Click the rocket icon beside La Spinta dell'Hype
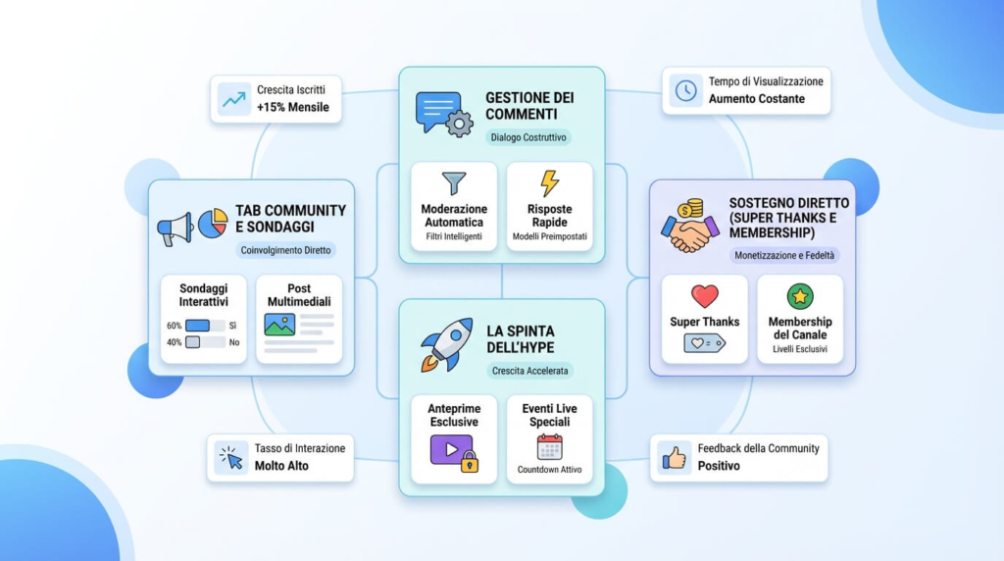pyautogui.click(x=447, y=344)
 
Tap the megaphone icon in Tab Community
pyautogui.click(x=176, y=229)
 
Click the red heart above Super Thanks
pyautogui.click(x=704, y=296)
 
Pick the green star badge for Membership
pyautogui.click(x=800, y=296)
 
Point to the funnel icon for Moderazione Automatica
pyautogui.click(x=454, y=183)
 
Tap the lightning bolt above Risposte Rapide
pyautogui.click(x=549, y=183)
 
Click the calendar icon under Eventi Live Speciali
pyautogui.click(x=549, y=447)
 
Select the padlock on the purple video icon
pyautogui.click(x=470, y=462)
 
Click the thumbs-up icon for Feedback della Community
pyautogui.click(x=674, y=458)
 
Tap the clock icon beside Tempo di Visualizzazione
pyautogui.click(x=685, y=90)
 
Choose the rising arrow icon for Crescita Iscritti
pyautogui.click(x=233, y=99)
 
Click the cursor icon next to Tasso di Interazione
pyautogui.click(x=231, y=458)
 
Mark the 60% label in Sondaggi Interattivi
pyautogui.click(x=175, y=326)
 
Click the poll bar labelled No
pyautogui.click(x=205, y=342)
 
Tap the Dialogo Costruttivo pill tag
pyautogui.click(x=528, y=137)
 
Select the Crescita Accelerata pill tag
pyautogui.click(x=529, y=371)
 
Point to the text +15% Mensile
pyautogui.click(x=292, y=107)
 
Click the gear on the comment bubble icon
pyautogui.click(x=459, y=124)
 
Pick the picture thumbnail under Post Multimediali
pyautogui.click(x=279, y=325)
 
